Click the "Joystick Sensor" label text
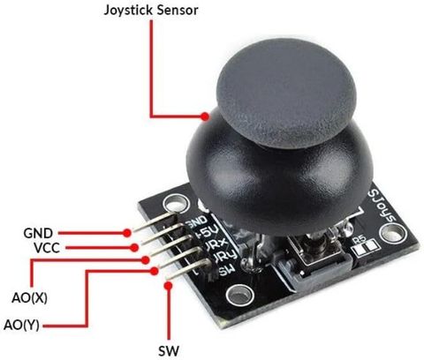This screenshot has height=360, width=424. [x=151, y=11]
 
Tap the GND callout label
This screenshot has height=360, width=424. [x=38, y=234]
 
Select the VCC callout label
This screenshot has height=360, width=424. [x=47, y=248]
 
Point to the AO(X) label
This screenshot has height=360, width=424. [x=29, y=298]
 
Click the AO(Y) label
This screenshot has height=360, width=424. [x=21, y=326]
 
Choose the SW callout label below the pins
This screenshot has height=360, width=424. [x=169, y=351]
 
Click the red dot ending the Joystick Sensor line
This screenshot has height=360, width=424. [x=205, y=116]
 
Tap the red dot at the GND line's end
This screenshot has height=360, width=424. [x=127, y=233]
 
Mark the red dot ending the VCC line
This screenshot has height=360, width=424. [x=134, y=248]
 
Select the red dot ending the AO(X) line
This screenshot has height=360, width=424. [x=145, y=260]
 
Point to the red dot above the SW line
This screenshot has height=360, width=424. [x=169, y=286]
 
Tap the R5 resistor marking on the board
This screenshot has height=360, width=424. [x=359, y=240]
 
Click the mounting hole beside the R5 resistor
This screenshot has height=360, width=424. [x=393, y=234]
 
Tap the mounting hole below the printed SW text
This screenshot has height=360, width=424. [x=239, y=295]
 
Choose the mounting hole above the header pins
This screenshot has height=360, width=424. [x=177, y=203]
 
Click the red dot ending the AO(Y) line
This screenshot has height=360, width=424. [x=153, y=271]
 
